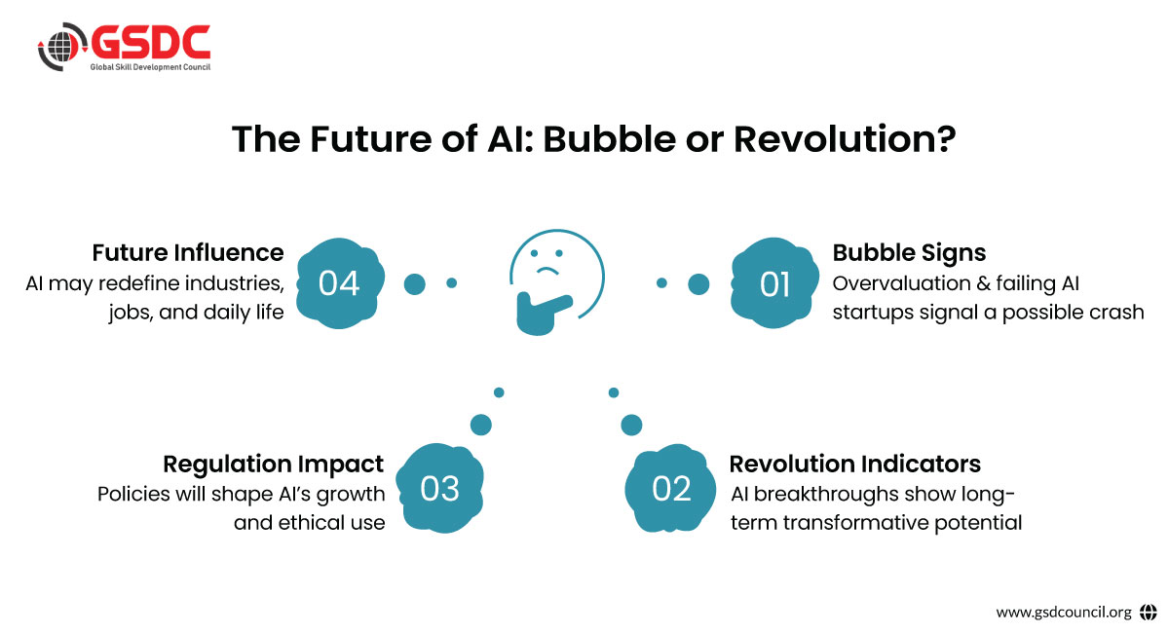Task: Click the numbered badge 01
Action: click(x=775, y=283)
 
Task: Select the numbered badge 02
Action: click(x=670, y=489)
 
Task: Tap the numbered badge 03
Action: click(x=439, y=489)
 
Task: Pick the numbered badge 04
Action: click(x=340, y=283)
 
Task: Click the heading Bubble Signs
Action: click(x=909, y=253)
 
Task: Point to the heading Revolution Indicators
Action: click(x=855, y=464)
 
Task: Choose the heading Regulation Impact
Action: click(x=273, y=465)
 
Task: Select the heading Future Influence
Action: click(x=188, y=252)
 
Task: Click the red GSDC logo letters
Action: click(x=151, y=42)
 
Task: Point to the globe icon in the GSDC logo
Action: click(x=61, y=47)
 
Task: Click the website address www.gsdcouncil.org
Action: click(x=1064, y=613)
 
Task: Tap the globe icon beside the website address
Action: click(x=1149, y=613)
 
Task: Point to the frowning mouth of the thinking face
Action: click(x=547, y=271)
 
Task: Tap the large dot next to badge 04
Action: click(x=414, y=284)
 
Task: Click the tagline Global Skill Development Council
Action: click(x=150, y=67)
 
